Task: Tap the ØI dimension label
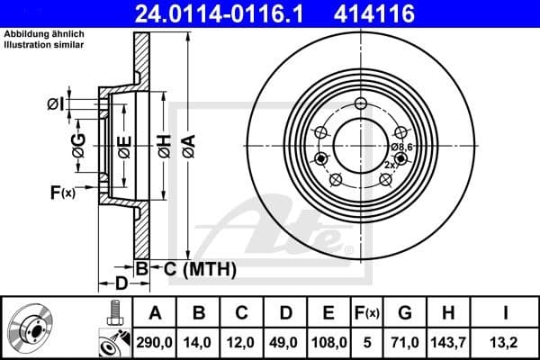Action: point(56,105)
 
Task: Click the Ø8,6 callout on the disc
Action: point(401,147)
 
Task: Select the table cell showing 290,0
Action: point(155,341)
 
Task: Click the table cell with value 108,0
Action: point(328,341)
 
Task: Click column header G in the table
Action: point(404,313)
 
